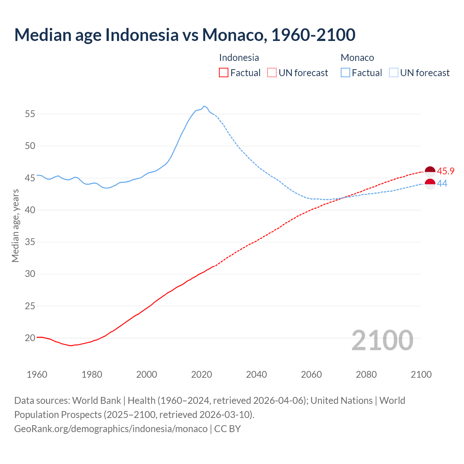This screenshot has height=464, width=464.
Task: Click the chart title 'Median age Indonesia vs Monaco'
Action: point(185,35)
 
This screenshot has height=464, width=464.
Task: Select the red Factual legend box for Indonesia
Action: point(224,73)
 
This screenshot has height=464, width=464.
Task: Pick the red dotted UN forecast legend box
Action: point(272,73)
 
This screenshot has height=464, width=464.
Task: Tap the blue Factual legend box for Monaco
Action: point(345,73)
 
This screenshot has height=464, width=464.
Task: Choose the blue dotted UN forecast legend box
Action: point(393,73)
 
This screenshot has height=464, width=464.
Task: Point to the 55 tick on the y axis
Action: point(30,114)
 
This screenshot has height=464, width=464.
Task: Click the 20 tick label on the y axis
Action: point(30,338)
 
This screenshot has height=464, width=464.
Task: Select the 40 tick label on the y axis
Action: point(30,210)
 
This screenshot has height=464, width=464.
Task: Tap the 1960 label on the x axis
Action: point(37,374)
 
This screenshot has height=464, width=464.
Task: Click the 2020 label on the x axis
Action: point(202,374)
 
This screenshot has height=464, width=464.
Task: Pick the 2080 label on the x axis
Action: point(366,374)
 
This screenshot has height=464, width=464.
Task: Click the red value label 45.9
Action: point(446,171)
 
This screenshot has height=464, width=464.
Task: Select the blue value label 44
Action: point(442,184)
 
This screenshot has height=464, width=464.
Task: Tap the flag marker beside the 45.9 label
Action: point(430,171)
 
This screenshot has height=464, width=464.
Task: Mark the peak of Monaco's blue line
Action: point(204,106)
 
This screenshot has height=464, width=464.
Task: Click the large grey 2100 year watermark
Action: point(382,340)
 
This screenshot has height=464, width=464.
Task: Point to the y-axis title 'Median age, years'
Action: point(15,225)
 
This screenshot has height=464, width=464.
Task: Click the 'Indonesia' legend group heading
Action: point(239,58)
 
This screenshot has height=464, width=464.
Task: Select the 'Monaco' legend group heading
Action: point(357,58)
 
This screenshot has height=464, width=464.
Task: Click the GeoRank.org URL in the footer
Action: point(111,428)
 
